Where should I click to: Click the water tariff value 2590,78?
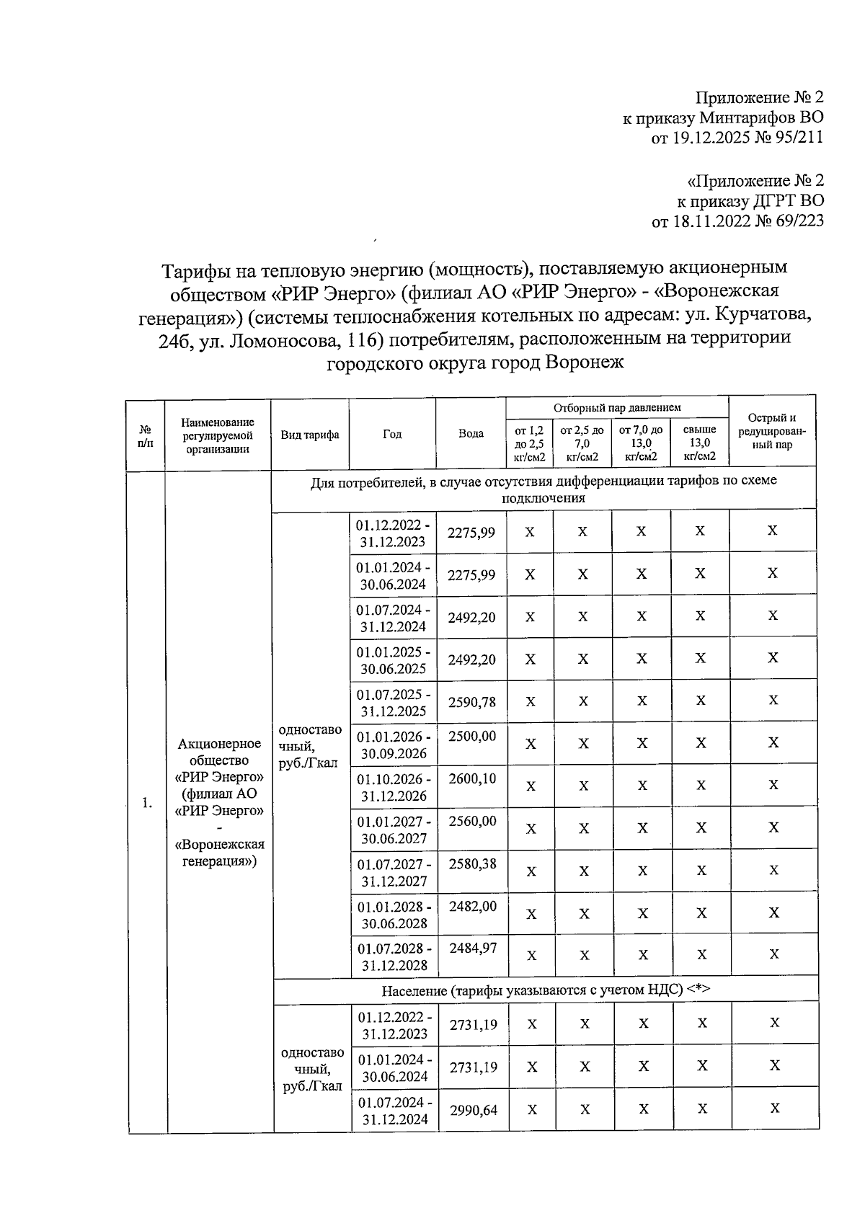[471, 702]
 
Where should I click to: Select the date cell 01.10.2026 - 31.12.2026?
[394, 787]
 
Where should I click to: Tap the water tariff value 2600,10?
[472, 779]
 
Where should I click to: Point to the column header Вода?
[471, 434]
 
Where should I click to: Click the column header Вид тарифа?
[310, 435]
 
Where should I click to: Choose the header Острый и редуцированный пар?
[771, 431]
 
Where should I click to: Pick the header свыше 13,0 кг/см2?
[699, 443]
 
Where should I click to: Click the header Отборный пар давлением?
[617, 408]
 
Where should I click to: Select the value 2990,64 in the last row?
[474, 1110]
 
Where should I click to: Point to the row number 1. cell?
[147, 803]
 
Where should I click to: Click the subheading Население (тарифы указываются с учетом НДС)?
[546, 990]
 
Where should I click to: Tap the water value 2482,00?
[473, 907]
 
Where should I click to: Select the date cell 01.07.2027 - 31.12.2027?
[394, 872]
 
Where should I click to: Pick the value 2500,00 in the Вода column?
[472, 736]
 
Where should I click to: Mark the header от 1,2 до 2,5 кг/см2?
[529, 443]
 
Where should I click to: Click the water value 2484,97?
[473, 949]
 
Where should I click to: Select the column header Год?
[392, 434]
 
